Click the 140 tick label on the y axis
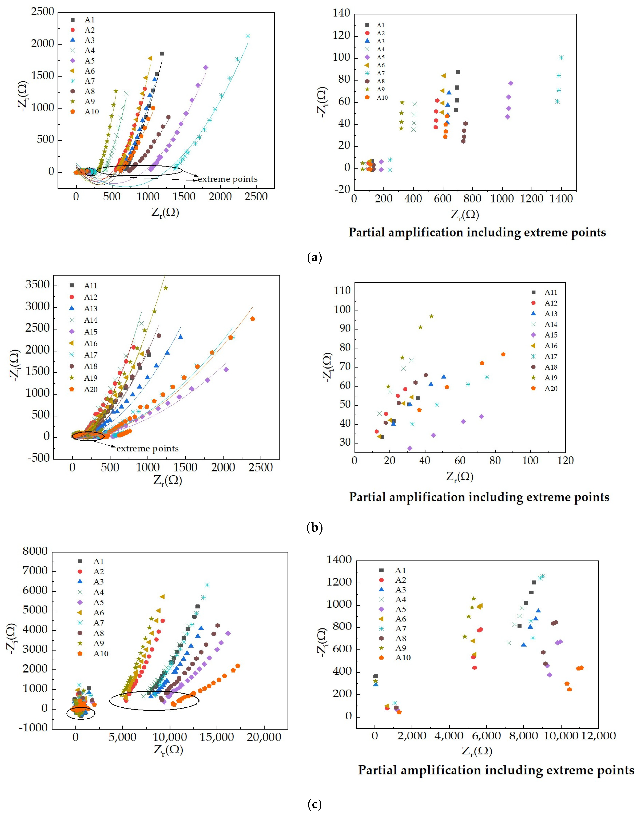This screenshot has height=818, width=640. pos(341,13)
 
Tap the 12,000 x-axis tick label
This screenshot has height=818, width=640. pos(599,736)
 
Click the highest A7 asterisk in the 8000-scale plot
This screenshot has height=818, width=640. pos(207,585)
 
